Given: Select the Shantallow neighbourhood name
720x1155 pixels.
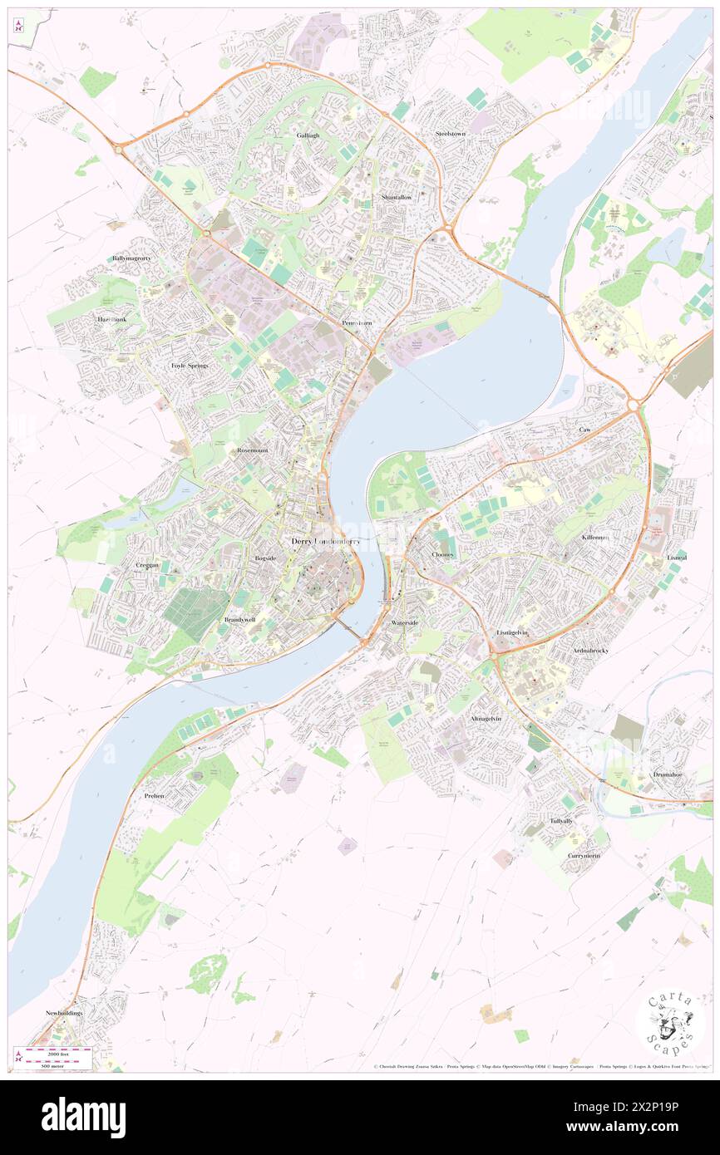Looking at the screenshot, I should (396, 197).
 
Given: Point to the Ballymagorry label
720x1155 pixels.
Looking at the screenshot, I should (132, 258).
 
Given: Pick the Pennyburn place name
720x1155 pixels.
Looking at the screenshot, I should (357, 322).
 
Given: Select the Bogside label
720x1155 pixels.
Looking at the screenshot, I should (265, 558).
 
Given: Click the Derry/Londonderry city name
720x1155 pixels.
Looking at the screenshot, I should (326, 542).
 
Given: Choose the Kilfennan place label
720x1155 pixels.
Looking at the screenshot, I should (595, 538).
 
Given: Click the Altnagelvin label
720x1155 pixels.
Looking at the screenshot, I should (486, 718).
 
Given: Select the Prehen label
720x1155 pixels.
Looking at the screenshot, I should (154, 795).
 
